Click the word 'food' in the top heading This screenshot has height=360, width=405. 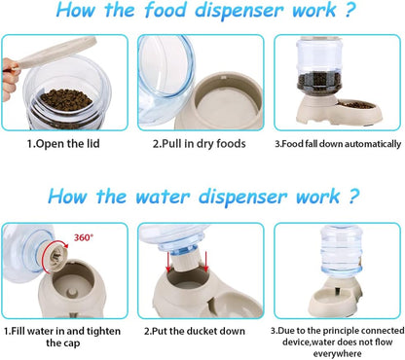[166, 10]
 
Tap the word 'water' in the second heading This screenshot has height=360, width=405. [163, 197]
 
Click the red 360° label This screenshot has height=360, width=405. [83, 237]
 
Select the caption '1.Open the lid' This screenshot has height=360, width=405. [63, 144]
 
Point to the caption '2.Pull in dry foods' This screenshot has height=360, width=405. [200, 144]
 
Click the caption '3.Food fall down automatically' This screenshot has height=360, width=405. [338, 144]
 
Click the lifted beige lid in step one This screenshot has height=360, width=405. [55, 53]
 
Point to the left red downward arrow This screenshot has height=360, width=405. [168, 263]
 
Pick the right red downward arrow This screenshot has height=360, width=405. [205, 262]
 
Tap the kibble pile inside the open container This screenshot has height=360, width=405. [66, 99]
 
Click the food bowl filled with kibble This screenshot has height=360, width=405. [357, 106]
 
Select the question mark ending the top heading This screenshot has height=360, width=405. [350, 10]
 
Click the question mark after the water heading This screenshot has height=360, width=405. [353, 197]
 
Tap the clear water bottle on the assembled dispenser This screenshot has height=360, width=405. [341, 250]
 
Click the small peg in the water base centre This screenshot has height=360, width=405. [71, 293]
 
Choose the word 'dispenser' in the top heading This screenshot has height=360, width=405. [239, 10]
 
